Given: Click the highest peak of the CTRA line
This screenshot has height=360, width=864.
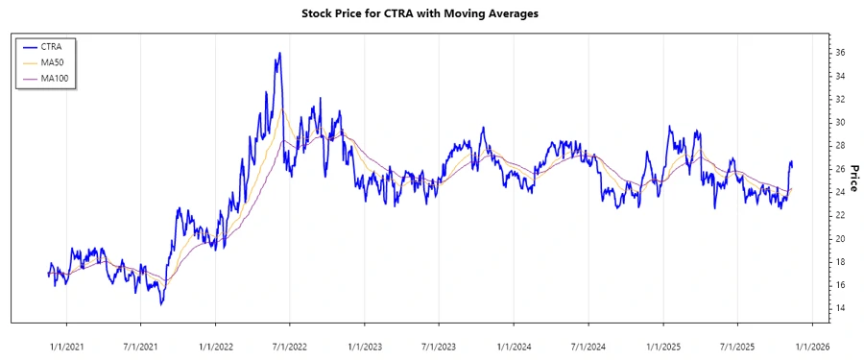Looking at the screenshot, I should (x=279, y=53).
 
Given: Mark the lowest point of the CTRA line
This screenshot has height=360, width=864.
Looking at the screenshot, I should (x=161, y=304).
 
